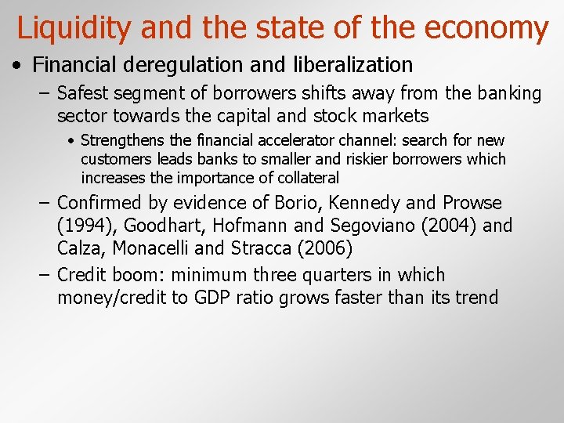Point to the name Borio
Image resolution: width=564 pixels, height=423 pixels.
298,203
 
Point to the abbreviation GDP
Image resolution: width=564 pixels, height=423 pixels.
212,298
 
